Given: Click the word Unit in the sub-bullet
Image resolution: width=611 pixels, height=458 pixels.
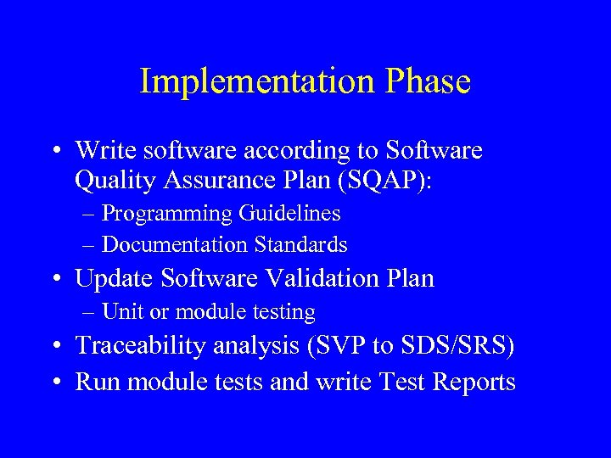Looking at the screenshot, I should point(119,312).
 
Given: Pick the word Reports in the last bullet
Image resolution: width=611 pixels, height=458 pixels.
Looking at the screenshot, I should point(474,382).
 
